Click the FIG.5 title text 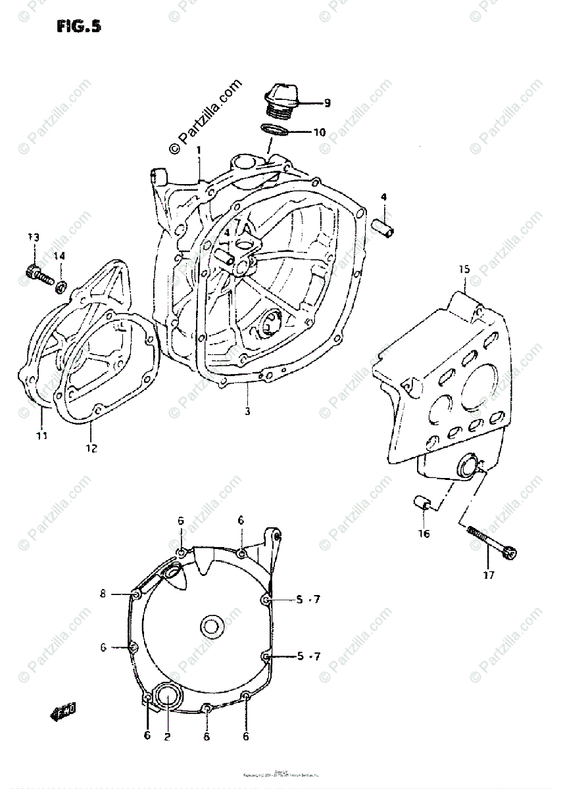pyautogui.click(x=78, y=27)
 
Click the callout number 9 pyautogui.click(x=327, y=103)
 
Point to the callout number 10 pyautogui.click(x=319, y=132)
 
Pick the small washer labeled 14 pyautogui.click(x=60, y=286)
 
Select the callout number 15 pyautogui.click(x=464, y=270)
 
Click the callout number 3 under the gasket pyautogui.click(x=247, y=412)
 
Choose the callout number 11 pyautogui.click(x=41, y=435)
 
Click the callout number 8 pyautogui.click(x=103, y=594)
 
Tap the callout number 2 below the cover pyautogui.click(x=167, y=736)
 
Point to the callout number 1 pyautogui.click(x=199, y=151)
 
